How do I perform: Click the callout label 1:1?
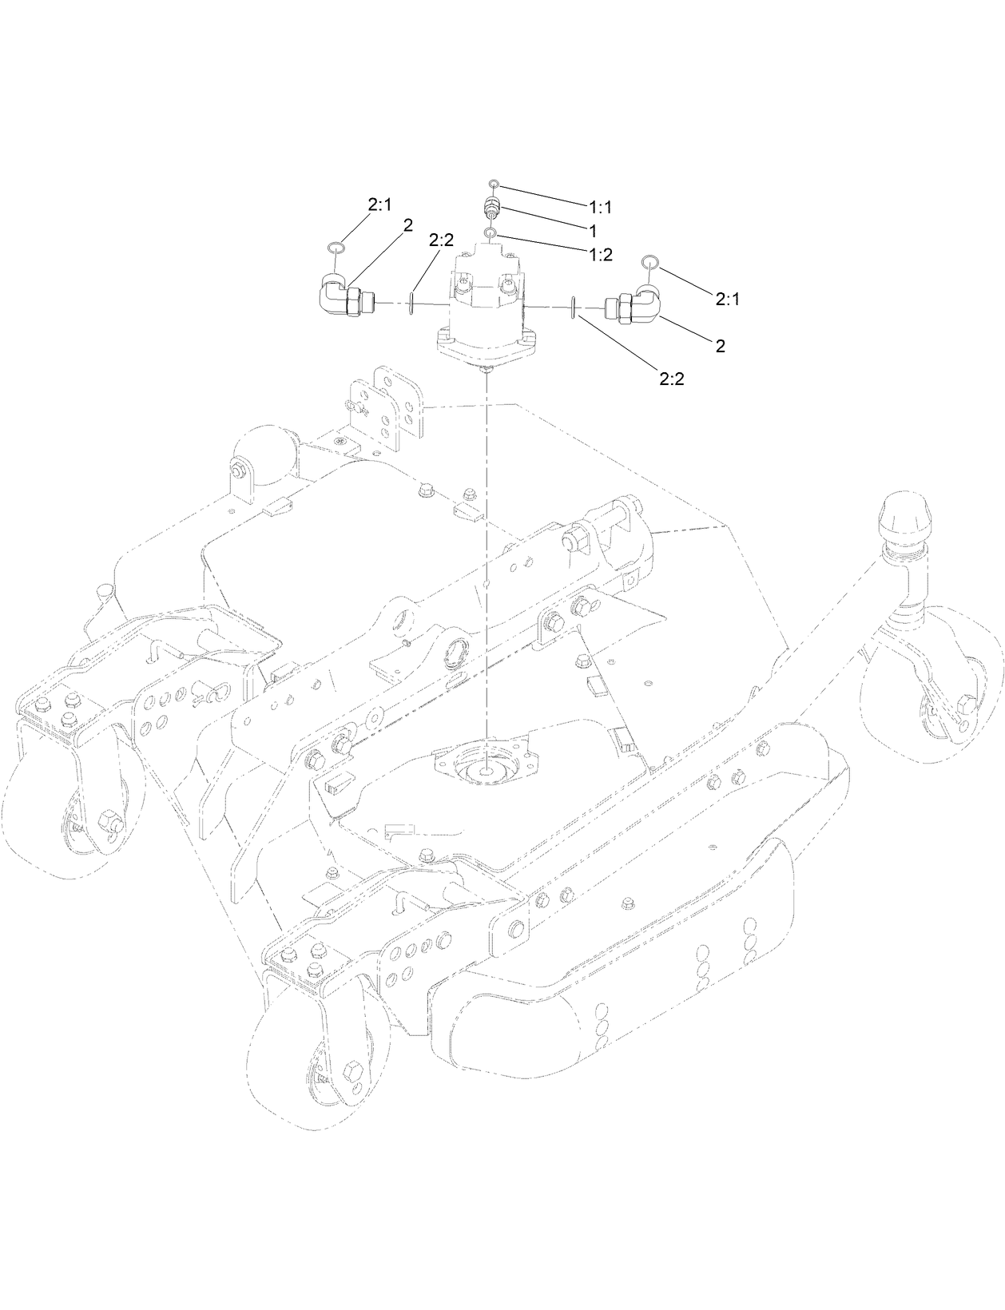pos(600,208)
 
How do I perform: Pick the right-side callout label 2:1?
pos(727,299)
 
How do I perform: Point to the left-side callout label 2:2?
pos(441,240)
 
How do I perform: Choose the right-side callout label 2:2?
pos(672,379)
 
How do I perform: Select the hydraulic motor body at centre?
pos(487,308)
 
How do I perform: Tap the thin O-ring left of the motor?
pos(411,304)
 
